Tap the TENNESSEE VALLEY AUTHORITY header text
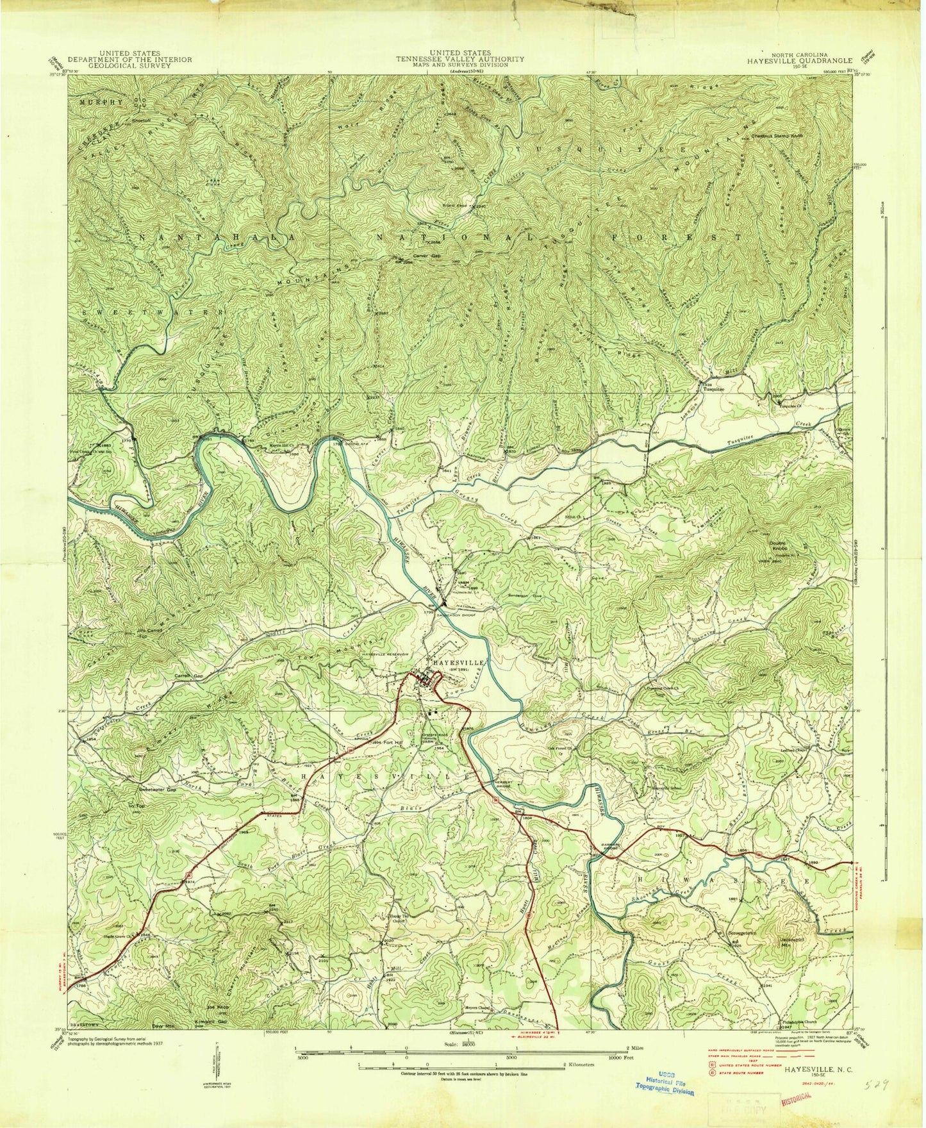coord(460,59)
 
